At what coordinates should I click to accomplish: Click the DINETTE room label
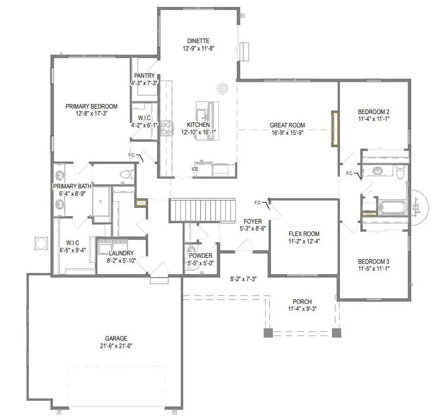pyautogui.click(x=198, y=41)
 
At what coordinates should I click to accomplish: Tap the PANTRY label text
pyautogui.click(x=144, y=76)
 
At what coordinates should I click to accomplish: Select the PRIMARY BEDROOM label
pyautogui.click(x=92, y=106)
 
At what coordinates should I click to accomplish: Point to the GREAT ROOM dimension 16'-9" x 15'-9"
pyautogui.click(x=287, y=133)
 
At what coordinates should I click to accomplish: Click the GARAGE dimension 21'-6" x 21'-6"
pyautogui.click(x=116, y=346)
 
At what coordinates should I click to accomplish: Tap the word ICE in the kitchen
pyautogui.click(x=195, y=169)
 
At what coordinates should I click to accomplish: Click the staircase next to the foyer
pyautogui.click(x=202, y=210)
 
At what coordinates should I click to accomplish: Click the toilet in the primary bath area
pyautogui.click(x=128, y=174)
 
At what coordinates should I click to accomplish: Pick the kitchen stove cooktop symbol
pyautogui.click(x=165, y=128)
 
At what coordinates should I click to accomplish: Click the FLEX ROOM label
pyautogui.click(x=304, y=234)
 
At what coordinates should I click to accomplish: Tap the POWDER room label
pyautogui.click(x=201, y=256)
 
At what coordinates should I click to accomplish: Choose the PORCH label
pyautogui.click(x=302, y=302)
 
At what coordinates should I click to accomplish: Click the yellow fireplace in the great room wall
pyautogui.click(x=335, y=128)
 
